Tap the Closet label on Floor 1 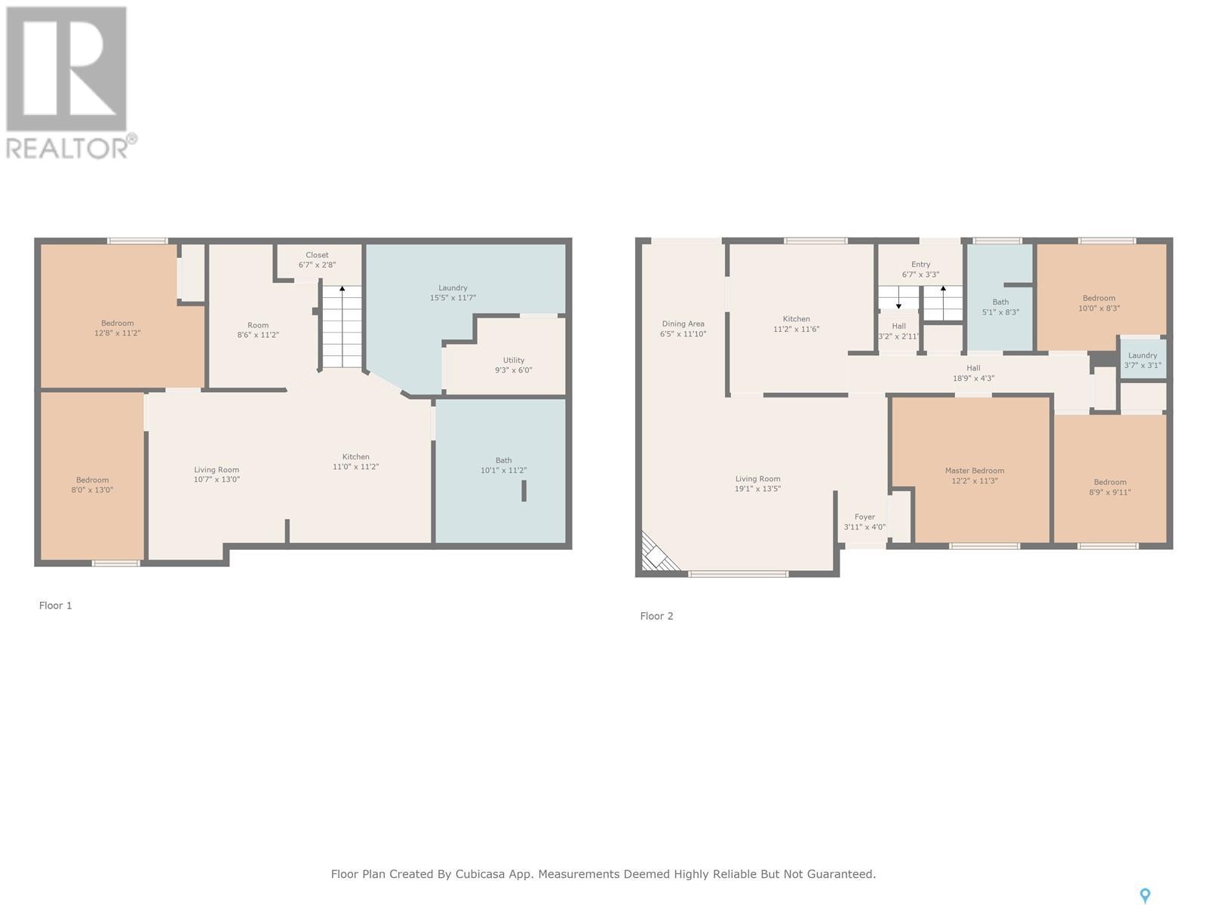coord(318,255)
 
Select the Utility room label coord(514,360)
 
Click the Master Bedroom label coord(975,471)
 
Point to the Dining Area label coord(683,324)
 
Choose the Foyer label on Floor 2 coord(865,517)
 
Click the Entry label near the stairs coord(920,264)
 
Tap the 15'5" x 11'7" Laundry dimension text coord(453,298)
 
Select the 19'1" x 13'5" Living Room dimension coord(757,489)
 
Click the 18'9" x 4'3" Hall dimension coord(973,378)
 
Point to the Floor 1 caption coord(55,606)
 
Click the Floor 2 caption coord(656,616)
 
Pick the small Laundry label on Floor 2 coord(1142,355)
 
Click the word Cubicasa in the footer coord(480,873)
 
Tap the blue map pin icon coord(1145,896)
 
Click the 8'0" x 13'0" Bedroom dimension coord(92,490)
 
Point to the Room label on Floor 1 coord(258,325)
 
